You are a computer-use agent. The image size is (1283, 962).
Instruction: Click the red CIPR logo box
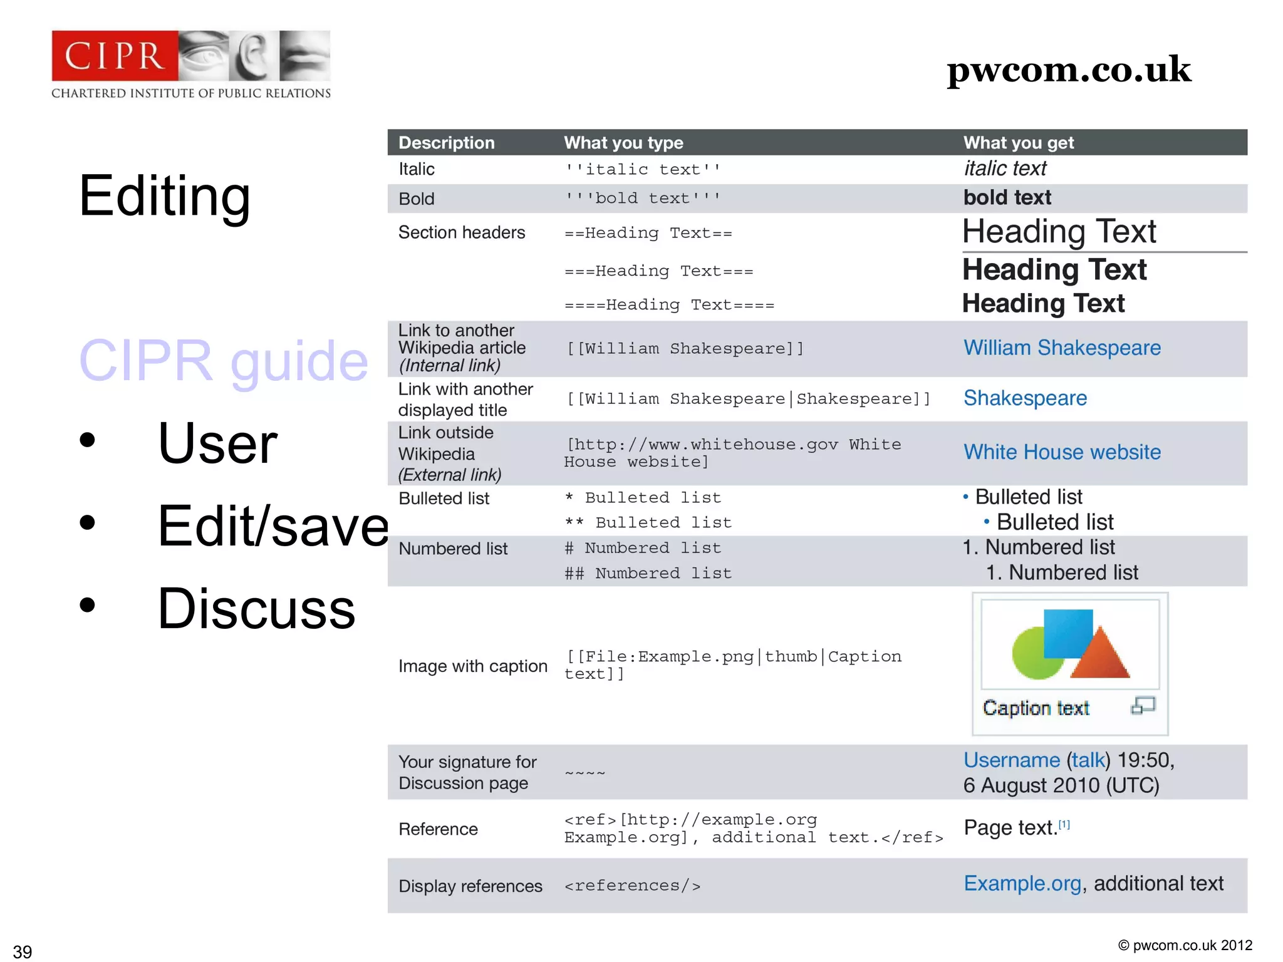coord(115,56)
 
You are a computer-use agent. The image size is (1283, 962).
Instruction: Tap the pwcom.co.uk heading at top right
coord(1068,70)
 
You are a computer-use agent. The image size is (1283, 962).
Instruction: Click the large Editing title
coord(165,196)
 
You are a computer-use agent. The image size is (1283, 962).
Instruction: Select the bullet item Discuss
coord(256,609)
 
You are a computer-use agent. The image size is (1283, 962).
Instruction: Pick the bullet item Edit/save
coord(273,526)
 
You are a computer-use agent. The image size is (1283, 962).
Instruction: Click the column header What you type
coord(623,143)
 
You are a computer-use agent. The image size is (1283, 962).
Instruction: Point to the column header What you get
coord(1018,143)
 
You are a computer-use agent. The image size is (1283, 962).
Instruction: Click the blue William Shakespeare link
coord(1062,348)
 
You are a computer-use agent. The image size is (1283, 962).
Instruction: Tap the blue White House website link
coord(1062,452)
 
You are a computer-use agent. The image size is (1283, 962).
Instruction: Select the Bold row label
coord(417,199)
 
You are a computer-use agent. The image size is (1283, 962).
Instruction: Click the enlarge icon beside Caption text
coord(1143,706)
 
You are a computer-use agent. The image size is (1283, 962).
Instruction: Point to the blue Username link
coord(1011,760)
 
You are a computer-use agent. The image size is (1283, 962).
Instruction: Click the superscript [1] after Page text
coord(1064,825)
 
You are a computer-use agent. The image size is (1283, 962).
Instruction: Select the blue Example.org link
coord(1022,884)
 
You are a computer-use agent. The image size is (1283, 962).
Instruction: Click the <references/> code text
coord(632,886)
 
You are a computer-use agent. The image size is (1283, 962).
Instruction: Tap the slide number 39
coord(23,951)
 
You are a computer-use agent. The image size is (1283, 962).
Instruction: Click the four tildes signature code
coord(585,773)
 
